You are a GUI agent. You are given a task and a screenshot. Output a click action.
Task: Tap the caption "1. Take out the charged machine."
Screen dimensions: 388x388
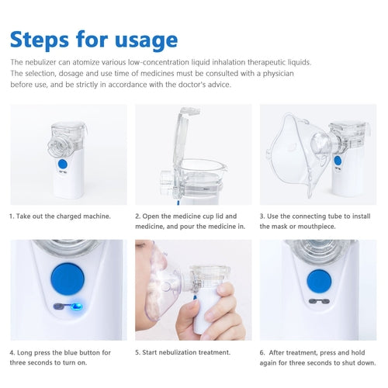pyautogui.click(x=60, y=217)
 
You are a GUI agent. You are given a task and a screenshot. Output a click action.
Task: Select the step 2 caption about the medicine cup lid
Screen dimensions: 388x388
pyautogui.click(x=185, y=221)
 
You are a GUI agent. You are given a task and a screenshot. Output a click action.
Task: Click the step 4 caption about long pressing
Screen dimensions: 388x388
pyautogui.click(x=61, y=357)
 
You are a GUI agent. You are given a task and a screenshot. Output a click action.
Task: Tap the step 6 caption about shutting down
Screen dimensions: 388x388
pyautogui.click(x=317, y=357)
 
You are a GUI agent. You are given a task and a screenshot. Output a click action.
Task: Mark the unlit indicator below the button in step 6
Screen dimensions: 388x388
pyautogui.click(x=318, y=304)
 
